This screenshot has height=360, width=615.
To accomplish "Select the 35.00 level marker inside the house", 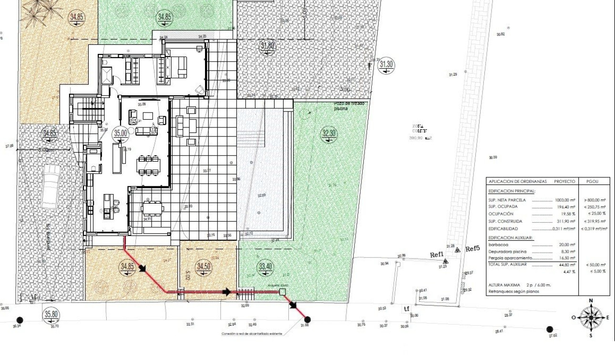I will click(x=121, y=134).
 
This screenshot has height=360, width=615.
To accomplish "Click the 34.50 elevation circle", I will click(x=204, y=267).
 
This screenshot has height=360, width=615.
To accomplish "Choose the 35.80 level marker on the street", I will click(x=51, y=314).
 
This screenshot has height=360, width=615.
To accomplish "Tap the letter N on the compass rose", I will click(x=591, y=300).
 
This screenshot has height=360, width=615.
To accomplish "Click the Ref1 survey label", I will click(x=437, y=255).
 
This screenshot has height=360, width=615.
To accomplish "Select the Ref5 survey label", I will click(x=472, y=248).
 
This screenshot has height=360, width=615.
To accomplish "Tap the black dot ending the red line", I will click(x=307, y=319).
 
